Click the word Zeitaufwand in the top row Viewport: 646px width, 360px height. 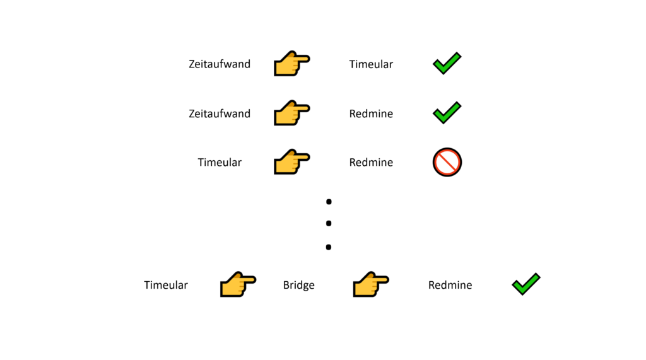(x=220, y=64)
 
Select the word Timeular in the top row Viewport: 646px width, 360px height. (x=371, y=64)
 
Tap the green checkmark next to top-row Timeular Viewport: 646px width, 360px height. (x=447, y=63)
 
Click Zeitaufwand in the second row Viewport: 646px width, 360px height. (x=220, y=113)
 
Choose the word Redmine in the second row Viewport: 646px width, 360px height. (x=371, y=113)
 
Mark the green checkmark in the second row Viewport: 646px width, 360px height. (x=447, y=112)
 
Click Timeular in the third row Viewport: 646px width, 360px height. (x=220, y=162)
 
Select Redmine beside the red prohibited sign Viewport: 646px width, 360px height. (x=371, y=162)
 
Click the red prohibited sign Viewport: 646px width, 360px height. (x=447, y=162)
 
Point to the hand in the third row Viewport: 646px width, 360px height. (x=291, y=162)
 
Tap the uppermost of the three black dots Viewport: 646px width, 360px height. (x=329, y=202)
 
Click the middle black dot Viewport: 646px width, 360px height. (x=329, y=224)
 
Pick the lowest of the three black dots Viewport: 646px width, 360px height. (x=329, y=247)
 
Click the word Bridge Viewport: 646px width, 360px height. (x=298, y=285)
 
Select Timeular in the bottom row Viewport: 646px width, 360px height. (x=166, y=285)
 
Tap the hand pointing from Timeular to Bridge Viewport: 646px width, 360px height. (x=237, y=285)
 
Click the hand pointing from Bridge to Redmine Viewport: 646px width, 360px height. (x=370, y=285)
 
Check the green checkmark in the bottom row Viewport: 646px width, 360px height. (x=526, y=284)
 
